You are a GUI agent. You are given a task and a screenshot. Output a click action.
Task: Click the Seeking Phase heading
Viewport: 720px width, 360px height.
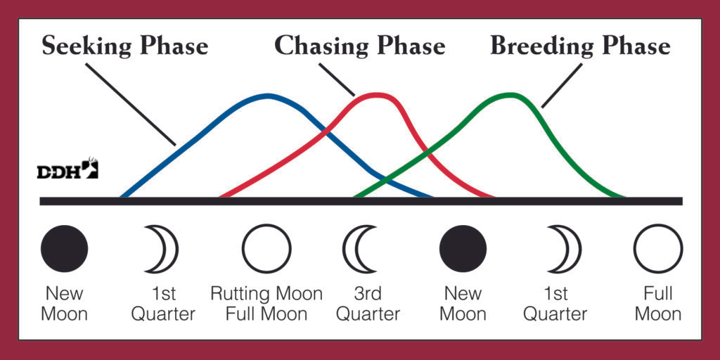[x=125, y=46]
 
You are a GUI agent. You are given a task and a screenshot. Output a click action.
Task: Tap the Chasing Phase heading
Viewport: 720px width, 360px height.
[x=359, y=46]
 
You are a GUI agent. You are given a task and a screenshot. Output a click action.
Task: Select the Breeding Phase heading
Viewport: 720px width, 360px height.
[x=580, y=46]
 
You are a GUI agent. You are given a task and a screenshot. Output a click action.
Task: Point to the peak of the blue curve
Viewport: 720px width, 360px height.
[x=268, y=96]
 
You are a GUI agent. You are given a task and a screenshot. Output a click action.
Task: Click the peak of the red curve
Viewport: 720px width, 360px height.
[x=379, y=95]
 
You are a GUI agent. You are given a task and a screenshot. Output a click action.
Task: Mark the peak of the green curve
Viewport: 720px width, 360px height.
[x=510, y=95]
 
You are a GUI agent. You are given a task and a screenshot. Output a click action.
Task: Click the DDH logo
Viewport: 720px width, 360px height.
[x=67, y=168]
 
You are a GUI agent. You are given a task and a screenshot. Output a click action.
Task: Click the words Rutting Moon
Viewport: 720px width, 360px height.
[x=266, y=294]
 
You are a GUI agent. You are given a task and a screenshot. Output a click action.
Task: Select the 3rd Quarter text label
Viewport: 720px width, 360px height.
[x=368, y=304]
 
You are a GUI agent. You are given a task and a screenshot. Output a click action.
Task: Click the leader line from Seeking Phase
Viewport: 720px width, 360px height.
[x=130, y=104]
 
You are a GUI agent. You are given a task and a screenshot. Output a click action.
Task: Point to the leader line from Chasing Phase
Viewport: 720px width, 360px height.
[x=337, y=79]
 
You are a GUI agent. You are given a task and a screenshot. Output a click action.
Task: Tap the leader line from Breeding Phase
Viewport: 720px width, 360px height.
[x=562, y=85]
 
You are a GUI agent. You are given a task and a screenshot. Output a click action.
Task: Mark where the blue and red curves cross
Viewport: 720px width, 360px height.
[x=326, y=132]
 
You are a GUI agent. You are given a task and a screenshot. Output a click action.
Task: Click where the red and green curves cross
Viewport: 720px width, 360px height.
[x=427, y=152]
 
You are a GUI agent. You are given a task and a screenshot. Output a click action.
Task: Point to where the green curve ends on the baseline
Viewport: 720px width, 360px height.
[x=624, y=197]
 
